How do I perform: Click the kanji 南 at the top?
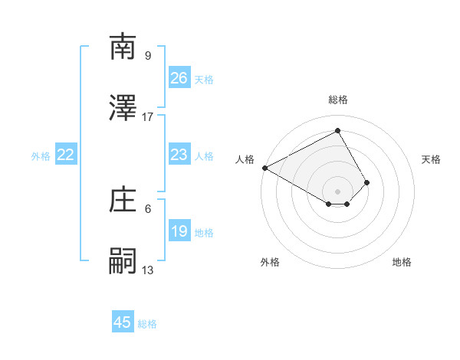tap(123, 47)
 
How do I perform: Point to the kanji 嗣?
tap(123, 261)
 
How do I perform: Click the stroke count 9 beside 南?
tap(147, 55)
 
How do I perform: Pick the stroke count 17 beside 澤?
tap(148, 116)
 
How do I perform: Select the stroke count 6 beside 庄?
tap(147, 208)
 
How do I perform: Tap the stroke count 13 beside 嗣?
tap(148, 270)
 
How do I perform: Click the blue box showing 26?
tap(179, 78)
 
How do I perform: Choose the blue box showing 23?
tap(179, 155)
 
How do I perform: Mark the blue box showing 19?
tap(179, 231)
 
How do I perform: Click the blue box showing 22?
tap(66, 155)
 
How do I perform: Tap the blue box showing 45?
tap(123, 322)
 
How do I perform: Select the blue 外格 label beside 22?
tap(41, 156)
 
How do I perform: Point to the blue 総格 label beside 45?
tap(147, 324)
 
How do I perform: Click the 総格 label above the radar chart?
tap(337, 100)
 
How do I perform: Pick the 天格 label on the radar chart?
tap(431, 159)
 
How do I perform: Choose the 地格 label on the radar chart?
tap(402, 262)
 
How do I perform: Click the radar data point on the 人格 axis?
tap(264, 168)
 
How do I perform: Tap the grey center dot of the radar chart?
tap(337, 191)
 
